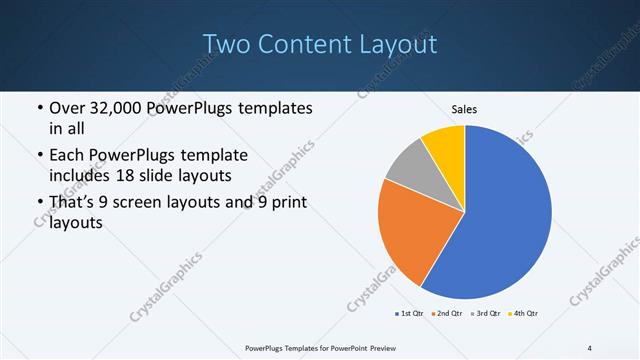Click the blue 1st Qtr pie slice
[x=510, y=220]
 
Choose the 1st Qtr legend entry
[x=410, y=314]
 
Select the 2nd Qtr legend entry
[x=447, y=314]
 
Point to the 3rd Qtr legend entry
[x=485, y=314]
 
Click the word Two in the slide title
[x=227, y=44]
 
